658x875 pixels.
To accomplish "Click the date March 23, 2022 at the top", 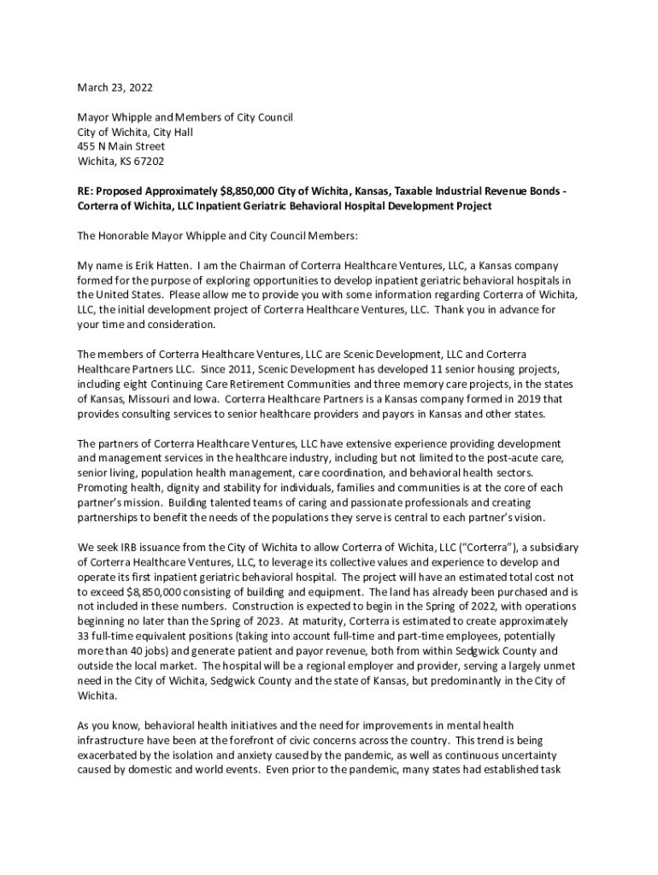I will pos(115,87).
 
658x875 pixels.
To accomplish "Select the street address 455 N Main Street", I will pos(121,146).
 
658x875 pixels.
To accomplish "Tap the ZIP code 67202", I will pos(150,161).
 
